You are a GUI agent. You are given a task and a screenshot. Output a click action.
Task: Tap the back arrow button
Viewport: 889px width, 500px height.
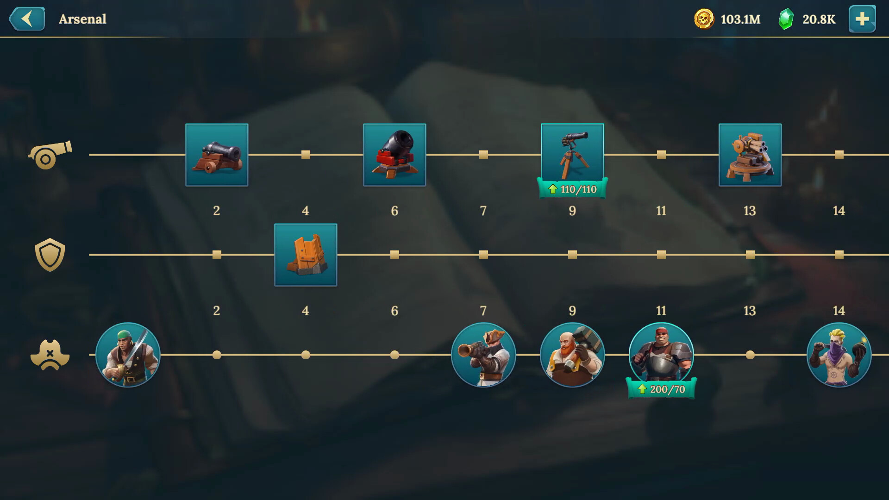point(27,19)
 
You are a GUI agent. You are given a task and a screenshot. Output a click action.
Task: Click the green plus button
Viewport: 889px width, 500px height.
point(862,19)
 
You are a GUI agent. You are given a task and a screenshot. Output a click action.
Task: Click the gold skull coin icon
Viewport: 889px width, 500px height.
point(704,19)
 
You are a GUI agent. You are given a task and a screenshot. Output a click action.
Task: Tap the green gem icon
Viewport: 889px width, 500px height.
point(785,19)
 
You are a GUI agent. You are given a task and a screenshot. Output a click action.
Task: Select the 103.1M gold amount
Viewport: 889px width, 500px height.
point(740,19)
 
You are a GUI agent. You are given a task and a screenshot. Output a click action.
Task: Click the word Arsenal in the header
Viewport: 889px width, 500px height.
point(82,19)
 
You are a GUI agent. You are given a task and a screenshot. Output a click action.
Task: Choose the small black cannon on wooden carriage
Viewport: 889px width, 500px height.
point(217,155)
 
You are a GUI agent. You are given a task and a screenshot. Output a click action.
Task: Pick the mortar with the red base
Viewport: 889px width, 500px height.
point(394,155)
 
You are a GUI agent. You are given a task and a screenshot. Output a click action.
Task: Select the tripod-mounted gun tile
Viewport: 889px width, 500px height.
point(572,153)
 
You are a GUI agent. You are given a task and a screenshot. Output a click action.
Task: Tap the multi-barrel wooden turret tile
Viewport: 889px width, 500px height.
point(750,155)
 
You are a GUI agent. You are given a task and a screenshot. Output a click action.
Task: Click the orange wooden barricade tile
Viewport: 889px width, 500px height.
point(306,255)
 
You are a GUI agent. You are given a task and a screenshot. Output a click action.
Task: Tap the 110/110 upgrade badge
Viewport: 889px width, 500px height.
point(573,189)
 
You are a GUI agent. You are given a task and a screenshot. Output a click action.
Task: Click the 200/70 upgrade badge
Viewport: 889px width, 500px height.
point(662,389)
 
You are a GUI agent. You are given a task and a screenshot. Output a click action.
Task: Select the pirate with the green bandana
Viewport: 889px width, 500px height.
point(128,355)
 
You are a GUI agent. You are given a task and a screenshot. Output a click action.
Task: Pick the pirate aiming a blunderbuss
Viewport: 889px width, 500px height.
point(483,355)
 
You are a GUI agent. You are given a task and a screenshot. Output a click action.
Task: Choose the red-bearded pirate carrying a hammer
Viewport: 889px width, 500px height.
point(572,355)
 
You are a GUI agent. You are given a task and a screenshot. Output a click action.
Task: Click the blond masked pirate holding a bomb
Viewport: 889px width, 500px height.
point(839,355)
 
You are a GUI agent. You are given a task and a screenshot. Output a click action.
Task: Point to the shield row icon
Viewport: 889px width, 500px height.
point(50,255)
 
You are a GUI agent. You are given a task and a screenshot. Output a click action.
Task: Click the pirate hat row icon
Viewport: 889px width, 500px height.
point(50,355)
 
